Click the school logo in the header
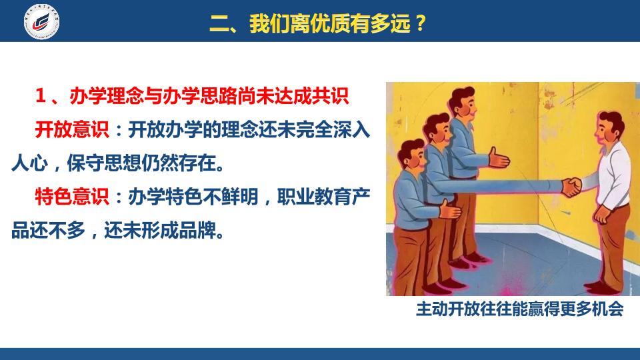point(41,21)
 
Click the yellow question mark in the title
point(419,23)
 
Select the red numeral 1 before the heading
point(40,96)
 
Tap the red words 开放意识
point(72,130)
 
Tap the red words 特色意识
point(72,197)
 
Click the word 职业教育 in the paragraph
point(314,197)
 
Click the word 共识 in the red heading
point(330,96)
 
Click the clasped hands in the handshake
point(571,187)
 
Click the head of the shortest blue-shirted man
point(411,155)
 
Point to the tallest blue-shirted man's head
point(463,104)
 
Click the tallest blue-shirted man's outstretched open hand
point(499,157)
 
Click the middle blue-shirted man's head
point(437,129)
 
